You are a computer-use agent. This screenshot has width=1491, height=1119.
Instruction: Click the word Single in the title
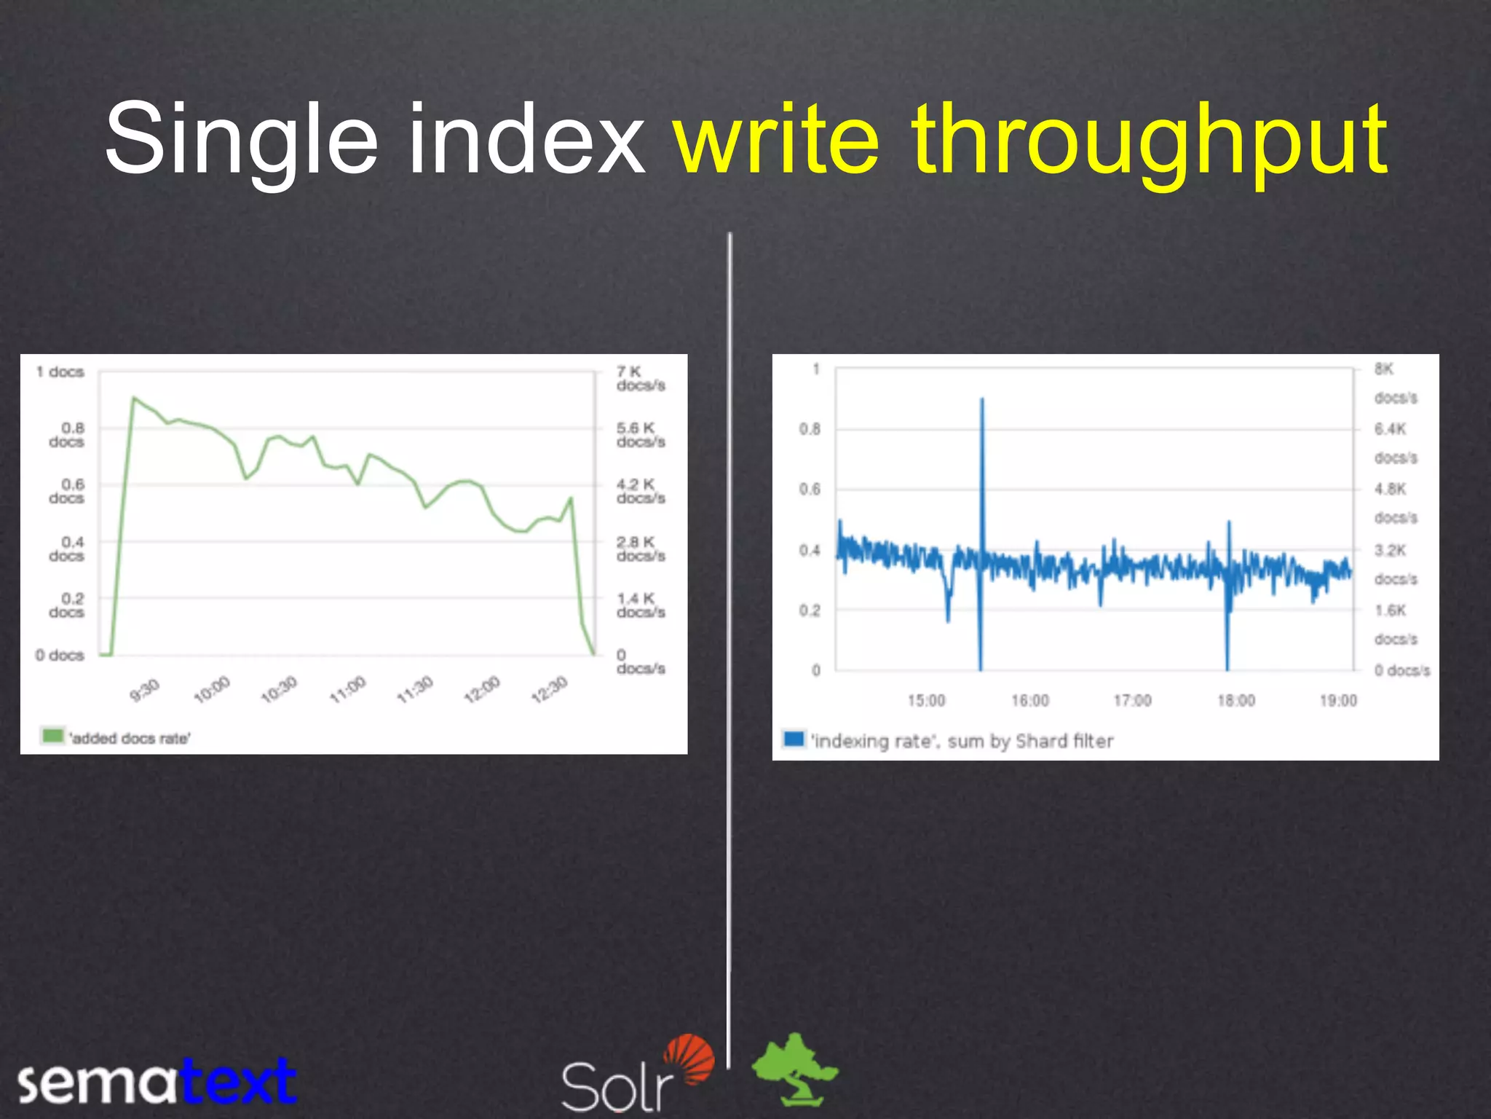point(241,140)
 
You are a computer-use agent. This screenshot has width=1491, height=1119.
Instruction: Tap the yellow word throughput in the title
point(1150,140)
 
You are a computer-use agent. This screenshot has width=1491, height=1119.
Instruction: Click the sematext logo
point(157,1081)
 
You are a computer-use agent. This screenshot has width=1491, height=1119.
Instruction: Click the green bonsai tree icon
point(795,1067)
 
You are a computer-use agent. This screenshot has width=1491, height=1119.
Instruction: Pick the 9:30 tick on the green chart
point(144,689)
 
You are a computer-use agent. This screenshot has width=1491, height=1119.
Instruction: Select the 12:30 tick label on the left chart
point(549,689)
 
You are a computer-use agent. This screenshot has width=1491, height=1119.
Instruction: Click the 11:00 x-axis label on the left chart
point(347,689)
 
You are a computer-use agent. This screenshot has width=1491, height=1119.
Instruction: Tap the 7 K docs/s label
point(640,378)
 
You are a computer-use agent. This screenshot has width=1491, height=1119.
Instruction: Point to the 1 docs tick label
point(60,372)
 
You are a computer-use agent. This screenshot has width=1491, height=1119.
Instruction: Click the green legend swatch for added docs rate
point(52,736)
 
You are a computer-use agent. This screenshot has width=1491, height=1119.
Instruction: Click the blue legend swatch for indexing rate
point(794,739)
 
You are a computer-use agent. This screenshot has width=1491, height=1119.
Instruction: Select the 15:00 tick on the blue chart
point(926,701)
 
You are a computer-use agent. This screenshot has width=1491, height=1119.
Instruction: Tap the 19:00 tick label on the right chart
point(1338,701)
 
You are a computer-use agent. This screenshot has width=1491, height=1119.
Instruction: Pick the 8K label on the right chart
point(1384,369)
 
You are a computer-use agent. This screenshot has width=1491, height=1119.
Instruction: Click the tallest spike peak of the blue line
point(982,399)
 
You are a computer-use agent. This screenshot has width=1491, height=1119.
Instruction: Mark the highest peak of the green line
point(133,398)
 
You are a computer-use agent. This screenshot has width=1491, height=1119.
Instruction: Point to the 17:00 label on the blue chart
point(1133,701)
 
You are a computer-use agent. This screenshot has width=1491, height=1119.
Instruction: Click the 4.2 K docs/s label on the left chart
point(640,491)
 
